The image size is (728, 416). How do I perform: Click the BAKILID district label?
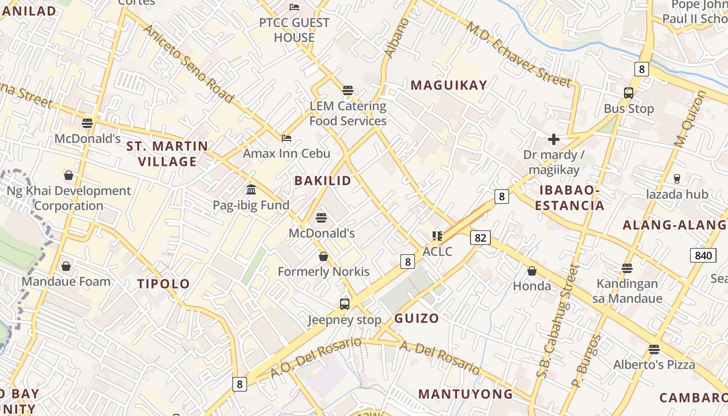point(322,181)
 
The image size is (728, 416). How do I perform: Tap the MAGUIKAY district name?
point(449,85)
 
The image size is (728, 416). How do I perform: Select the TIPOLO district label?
point(164,284)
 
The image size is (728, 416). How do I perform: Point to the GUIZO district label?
point(417,318)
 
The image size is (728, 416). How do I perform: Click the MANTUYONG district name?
point(465,394)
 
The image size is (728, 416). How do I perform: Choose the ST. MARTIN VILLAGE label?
point(167,154)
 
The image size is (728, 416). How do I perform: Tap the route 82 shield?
point(480,238)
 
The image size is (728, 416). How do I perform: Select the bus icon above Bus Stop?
point(628,94)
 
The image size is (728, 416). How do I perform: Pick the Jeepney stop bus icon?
point(344,304)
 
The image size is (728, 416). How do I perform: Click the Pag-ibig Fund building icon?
point(251,189)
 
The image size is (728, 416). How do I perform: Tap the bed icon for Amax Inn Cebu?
point(287,138)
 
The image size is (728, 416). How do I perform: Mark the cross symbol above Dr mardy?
point(554,139)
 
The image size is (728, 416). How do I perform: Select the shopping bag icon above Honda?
point(531,271)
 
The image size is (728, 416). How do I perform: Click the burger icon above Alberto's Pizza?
point(654,349)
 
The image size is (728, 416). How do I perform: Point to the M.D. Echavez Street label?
point(518,54)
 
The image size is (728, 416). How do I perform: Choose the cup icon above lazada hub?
point(677,179)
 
